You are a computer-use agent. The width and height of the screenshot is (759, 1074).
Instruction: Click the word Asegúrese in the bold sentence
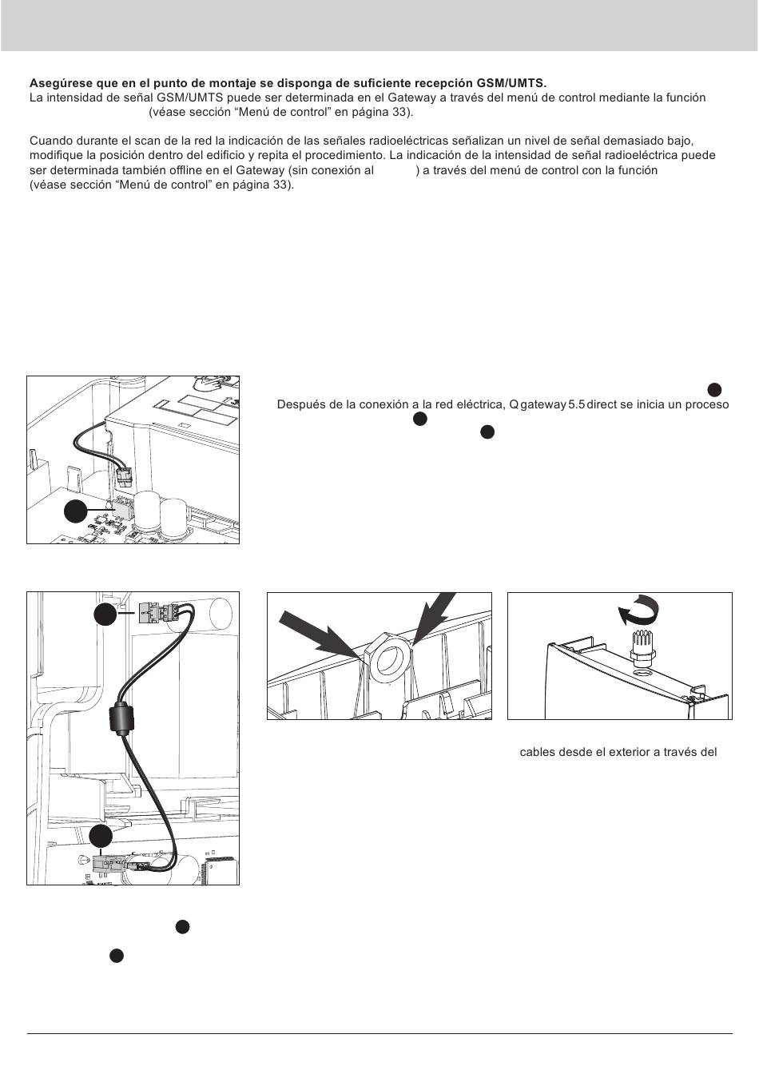[58, 83]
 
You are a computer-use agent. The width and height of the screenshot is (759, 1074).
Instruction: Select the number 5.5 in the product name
[575, 404]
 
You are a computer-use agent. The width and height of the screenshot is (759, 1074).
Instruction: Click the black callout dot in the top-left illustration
[75, 511]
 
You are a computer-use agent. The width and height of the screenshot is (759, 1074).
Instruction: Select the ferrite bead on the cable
[124, 718]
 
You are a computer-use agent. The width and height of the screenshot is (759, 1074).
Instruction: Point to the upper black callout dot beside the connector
[105, 614]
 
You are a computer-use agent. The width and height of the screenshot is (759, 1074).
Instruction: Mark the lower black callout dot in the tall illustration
[101, 836]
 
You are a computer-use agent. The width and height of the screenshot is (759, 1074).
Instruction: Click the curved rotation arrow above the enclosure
[638, 614]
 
